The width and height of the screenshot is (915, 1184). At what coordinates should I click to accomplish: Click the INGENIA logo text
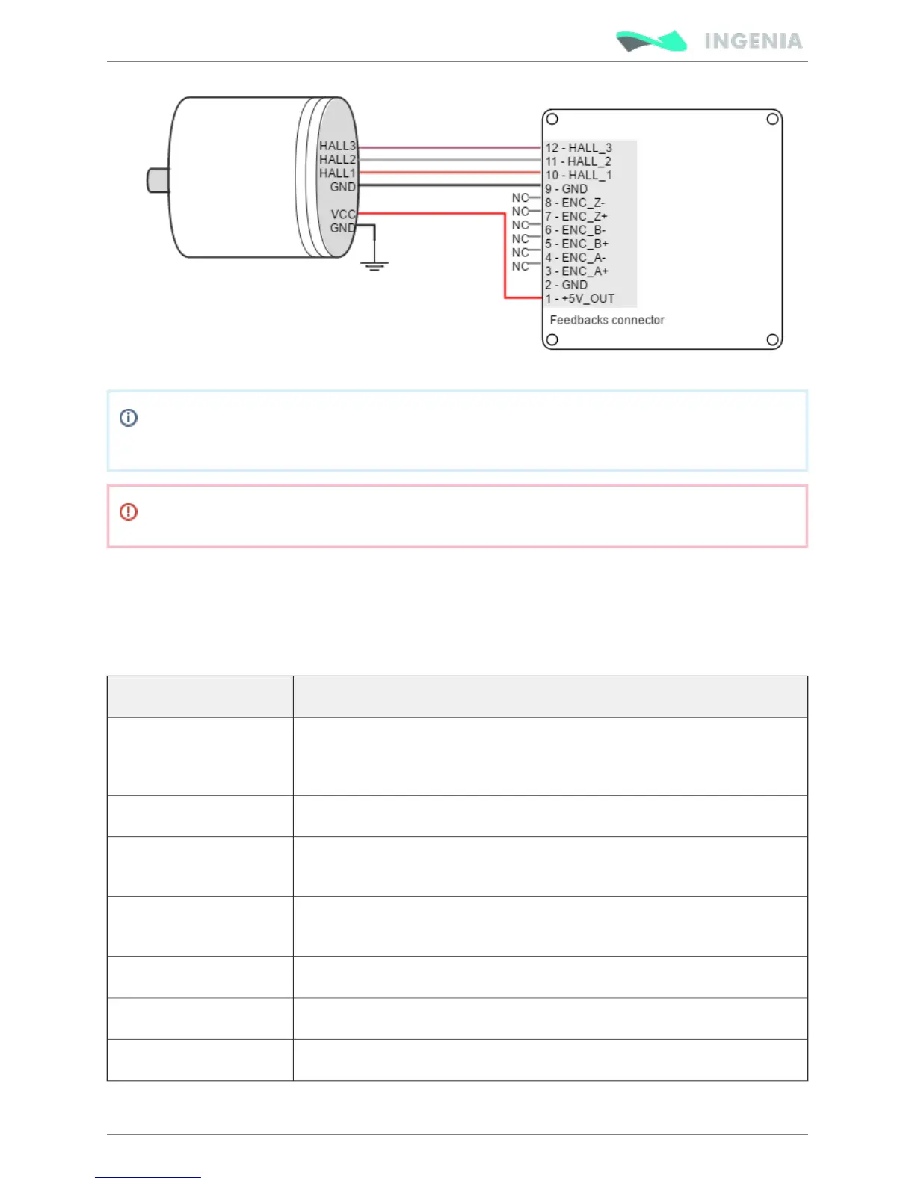click(753, 41)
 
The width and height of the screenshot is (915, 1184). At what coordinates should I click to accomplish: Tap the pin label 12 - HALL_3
click(579, 148)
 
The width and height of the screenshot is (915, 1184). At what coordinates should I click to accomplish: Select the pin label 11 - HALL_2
click(579, 161)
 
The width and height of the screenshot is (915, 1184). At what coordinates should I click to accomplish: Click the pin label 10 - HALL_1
click(579, 175)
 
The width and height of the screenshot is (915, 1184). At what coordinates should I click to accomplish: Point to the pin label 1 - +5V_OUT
click(580, 299)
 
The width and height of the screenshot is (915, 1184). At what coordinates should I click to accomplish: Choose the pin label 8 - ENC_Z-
click(575, 203)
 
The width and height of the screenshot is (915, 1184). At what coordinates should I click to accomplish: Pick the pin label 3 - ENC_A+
click(576, 271)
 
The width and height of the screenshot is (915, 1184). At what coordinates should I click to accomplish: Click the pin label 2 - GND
click(567, 285)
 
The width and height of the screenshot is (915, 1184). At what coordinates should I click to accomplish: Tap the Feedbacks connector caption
click(607, 320)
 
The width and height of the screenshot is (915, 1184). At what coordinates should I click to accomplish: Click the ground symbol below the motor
click(374, 265)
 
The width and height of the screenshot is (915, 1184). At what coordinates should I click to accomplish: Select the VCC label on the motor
click(342, 215)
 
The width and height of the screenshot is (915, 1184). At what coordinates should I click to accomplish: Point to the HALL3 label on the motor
click(337, 146)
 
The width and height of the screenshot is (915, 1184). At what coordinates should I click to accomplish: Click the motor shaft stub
click(157, 181)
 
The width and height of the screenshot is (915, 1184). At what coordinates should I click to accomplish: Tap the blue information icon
click(129, 418)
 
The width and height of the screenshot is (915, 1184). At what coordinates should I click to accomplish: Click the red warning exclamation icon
click(129, 512)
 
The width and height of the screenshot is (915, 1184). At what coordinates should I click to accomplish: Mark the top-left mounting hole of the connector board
click(552, 119)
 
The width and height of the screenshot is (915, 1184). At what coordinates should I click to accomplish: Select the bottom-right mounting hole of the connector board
click(773, 340)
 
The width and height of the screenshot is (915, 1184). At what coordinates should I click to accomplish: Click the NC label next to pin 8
click(520, 198)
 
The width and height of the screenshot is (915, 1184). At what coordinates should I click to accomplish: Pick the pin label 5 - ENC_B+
click(576, 244)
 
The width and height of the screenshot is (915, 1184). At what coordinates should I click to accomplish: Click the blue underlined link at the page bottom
click(148, 1177)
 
